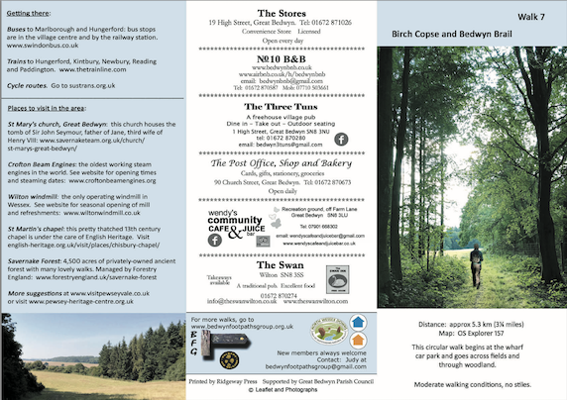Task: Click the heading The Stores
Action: pos(282,10)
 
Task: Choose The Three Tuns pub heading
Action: pos(282,106)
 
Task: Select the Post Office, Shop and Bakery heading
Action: pos(282,163)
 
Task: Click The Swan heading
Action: pos(282,264)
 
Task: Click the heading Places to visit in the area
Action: pos(57,106)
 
